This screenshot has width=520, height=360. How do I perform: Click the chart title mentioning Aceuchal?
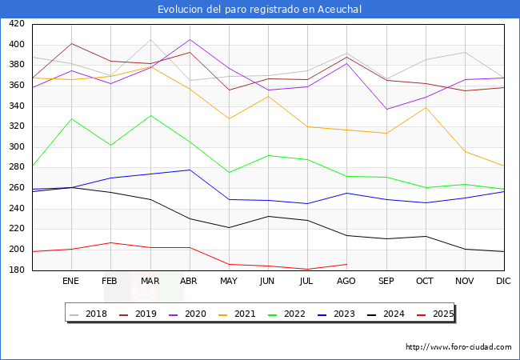[260, 9]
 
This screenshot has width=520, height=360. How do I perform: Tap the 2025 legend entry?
[441, 314]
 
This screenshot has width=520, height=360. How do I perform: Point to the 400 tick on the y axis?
[17, 45]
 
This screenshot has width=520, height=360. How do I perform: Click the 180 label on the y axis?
[17, 270]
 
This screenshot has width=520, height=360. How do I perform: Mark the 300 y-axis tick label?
[17, 147]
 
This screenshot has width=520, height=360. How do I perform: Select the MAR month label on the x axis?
[150, 282]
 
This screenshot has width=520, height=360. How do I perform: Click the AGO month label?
[346, 282]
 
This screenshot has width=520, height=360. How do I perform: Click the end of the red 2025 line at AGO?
[346, 264]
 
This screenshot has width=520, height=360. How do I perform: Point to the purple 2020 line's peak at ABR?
[190, 39]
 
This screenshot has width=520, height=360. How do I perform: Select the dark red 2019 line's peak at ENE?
[72, 44]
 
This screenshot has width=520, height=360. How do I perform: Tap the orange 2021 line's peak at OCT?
[425, 107]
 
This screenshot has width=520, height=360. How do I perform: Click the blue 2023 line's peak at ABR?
[190, 170]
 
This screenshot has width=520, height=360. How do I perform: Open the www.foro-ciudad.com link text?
[458, 347]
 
